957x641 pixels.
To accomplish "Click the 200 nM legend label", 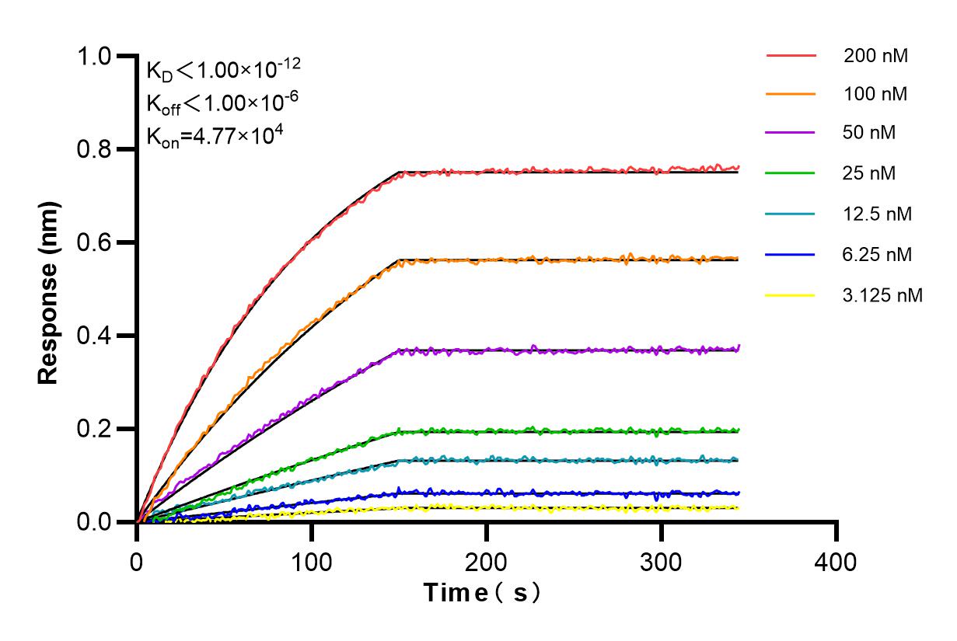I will pyautogui.click(x=875, y=56).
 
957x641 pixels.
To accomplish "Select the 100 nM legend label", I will pyautogui.click(x=875, y=96).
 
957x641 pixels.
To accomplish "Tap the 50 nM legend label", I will pyautogui.click(x=869, y=133).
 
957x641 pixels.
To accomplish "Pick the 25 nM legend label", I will pyautogui.click(x=869, y=173).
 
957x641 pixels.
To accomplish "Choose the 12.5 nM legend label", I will pyautogui.click(x=877, y=214).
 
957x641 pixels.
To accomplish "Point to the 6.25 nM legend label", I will pyautogui.click(x=877, y=254).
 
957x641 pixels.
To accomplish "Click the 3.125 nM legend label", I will pyautogui.click(x=882, y=295).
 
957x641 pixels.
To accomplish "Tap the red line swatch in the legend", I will pyautogui.click(x=791, y=56).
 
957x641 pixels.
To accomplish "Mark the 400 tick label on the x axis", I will pyautogui.click(x=837, y=561).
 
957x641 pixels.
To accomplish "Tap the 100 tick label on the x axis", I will pyautogui.click(x=312, y=561).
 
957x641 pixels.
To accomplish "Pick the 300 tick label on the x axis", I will pyautogui.click(x=662, y=561).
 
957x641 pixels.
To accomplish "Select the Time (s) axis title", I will pyautogui.click(x=482, y=594).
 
